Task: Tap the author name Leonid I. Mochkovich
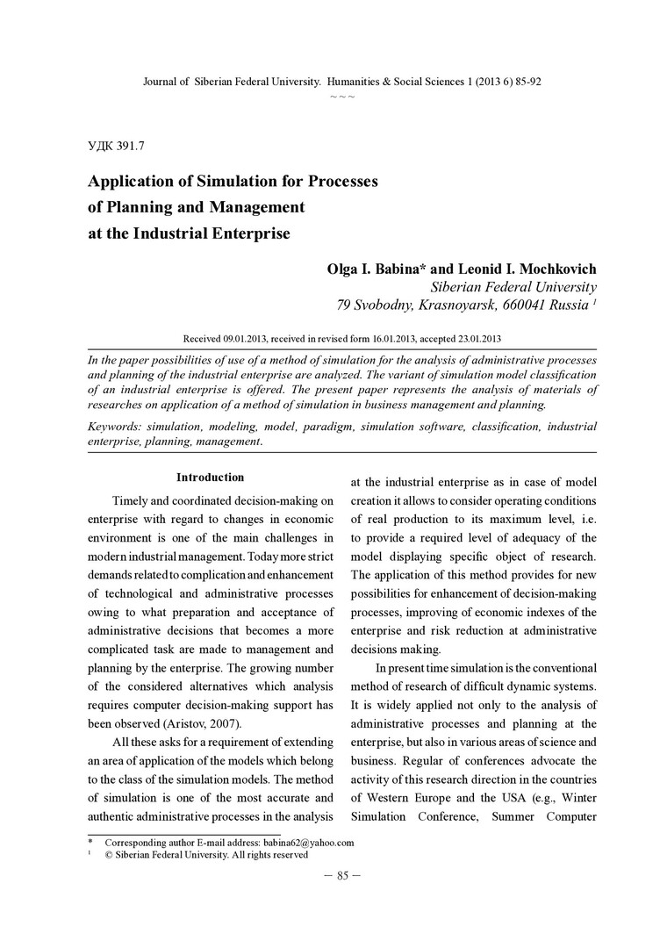pyautogui.click(x=520, y=268)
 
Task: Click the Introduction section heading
pyautogui.click(x=210, y=478)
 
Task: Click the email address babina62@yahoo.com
pyautogui.click(x=308, y=843)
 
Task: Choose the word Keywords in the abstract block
pyautogui.click(x=114, y=427)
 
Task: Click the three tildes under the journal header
pyautogui.click(x=341, y=95)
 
